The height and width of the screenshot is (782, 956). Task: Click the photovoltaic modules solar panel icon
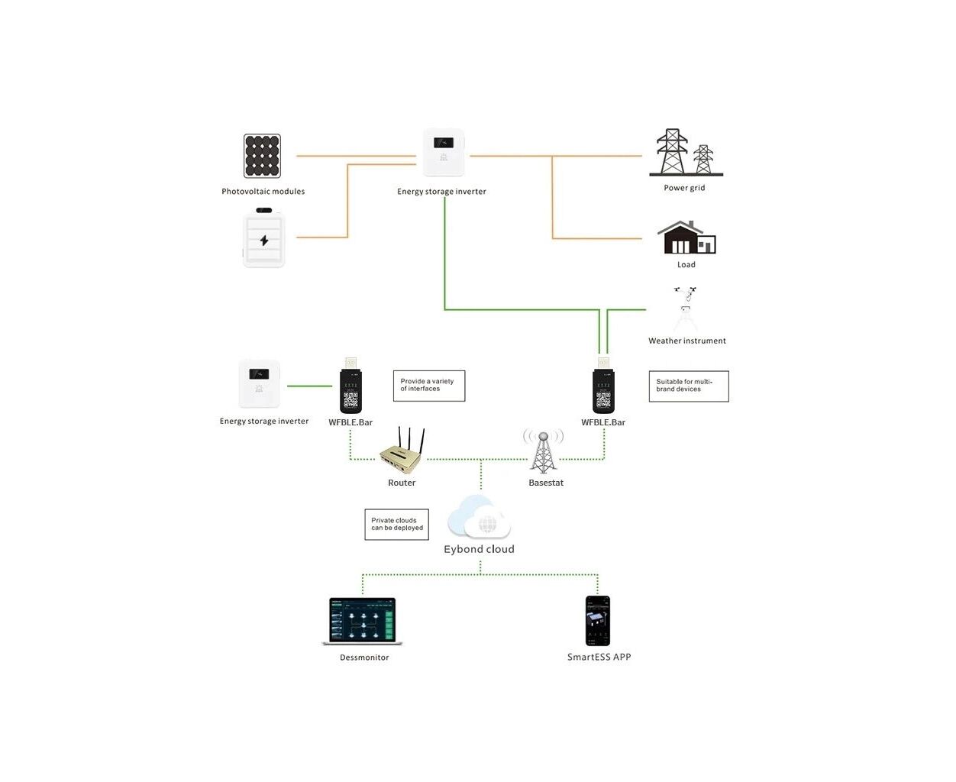[262, 156]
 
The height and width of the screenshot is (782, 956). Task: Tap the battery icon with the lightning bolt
[263, 238]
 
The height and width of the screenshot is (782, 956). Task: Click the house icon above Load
[686, 238]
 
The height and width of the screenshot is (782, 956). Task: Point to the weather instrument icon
[686, 309]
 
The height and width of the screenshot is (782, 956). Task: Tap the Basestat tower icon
[544, 452]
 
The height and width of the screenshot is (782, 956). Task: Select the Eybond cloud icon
[479, 518]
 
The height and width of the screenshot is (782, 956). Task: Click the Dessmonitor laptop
[363, 622]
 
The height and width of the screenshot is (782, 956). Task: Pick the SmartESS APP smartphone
[598, 621]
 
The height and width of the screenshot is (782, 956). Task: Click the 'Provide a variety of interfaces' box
[428, 386]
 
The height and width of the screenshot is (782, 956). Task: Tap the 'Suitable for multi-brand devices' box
[688, 386]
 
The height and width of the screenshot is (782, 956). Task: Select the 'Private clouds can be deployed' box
[396, 525]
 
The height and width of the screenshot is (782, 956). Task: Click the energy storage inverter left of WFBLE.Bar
[260, 383]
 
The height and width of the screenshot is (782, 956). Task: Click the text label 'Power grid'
[684, 188]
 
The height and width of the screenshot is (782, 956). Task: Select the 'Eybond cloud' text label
[479, 549]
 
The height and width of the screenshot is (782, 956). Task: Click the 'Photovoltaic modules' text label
[263, 192]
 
